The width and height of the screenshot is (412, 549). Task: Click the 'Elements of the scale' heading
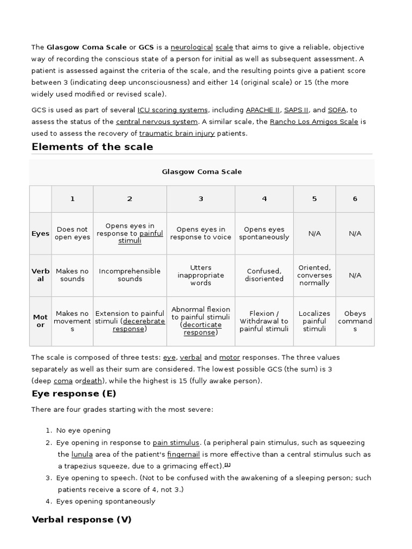tap(92, 147)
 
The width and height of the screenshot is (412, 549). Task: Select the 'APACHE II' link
tap(262, 110)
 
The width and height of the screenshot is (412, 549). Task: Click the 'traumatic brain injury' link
tap(177, 133)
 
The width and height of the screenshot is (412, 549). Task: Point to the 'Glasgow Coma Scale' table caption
tap(202, 172)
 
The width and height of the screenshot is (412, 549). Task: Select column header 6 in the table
tap(355, 199)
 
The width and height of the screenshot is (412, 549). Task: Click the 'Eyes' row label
tap(40, 234)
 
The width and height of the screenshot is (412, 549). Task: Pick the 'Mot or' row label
tap(40, 321)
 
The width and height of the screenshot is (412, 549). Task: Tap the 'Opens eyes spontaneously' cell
tap(264, 233)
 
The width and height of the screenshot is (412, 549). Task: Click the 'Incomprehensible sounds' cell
tap(130, 275)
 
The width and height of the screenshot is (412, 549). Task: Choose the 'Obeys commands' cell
tap(355, 321)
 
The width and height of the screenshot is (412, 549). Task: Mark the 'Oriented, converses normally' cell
tap(314, 275)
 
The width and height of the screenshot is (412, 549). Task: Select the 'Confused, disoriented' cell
tap(264, 275)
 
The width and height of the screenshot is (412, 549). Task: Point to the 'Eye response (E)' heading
tap(74, 394)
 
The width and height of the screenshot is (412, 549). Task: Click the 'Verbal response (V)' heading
tap(82, 520)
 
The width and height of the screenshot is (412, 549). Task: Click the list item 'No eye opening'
tap(83, 431)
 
